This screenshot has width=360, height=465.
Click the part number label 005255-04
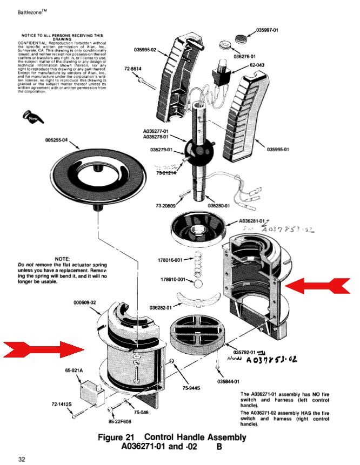(56, 140)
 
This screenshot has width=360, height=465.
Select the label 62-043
(257, 64)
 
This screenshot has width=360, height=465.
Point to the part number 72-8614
(132, 69)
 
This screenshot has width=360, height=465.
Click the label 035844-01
(229, 381)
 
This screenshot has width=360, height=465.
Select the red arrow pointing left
(317, 285)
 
